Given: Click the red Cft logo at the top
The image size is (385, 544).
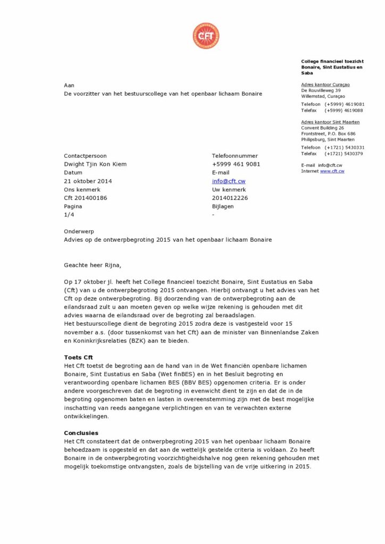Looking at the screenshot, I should pyautogui.click(x=205, y=36).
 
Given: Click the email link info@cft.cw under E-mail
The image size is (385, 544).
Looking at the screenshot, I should pyautogui.click(x=229, y=181).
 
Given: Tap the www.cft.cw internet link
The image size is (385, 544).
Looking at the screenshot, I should pyautogui.click(x=332, y=171).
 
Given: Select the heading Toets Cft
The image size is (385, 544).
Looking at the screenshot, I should pyautogui.click(x=79, y=358).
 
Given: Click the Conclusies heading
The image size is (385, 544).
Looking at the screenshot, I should pyautogui.click(x=81, y=433).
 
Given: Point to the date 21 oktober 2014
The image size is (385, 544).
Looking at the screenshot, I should pyautogui.click(x=88, y=181).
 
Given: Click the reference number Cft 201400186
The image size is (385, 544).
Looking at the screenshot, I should pyautogui.click(x=86, y=198).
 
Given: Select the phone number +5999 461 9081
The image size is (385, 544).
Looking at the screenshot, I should pyautogui.click(x=236, y=164).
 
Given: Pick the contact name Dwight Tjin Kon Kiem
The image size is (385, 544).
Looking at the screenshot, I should pyautogui.click(x=95, y=164).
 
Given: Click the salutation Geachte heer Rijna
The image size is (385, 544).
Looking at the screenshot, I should pyautogui.click(x=96, y=265).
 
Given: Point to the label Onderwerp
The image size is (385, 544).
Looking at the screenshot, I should pyautogui.click(x=79, y=232).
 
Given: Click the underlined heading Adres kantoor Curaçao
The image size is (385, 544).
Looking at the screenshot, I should pyautogui.click(x=325, y=84).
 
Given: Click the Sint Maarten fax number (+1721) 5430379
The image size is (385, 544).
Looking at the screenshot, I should pyautogui.click(x=344, y=154).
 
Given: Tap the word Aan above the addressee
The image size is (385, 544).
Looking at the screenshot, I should pyautogui.click(x=69, y=85).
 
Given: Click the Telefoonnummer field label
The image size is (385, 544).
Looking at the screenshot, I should pyautogui.click(x=235, y=156).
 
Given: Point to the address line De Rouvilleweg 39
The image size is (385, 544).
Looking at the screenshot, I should pyautogui.click(x=321, y=90).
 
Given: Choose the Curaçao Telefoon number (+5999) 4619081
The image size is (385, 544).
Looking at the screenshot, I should pyautogui.click(x=344, y=104).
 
